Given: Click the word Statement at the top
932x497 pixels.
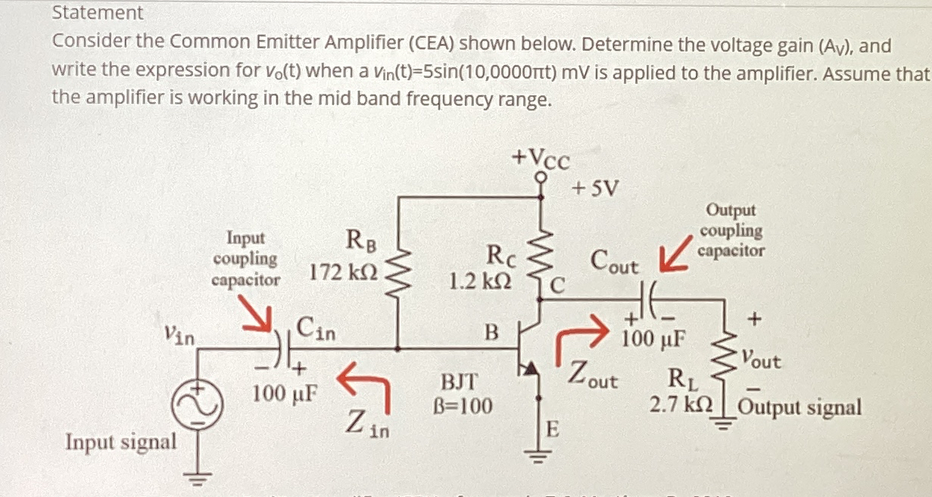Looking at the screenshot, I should (97, 13).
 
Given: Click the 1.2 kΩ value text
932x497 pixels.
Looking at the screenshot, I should (479, 281).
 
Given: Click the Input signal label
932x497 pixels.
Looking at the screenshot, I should (121, 441).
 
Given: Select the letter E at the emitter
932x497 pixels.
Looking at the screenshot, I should (553, 431).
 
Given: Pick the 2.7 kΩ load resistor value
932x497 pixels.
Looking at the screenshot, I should (681, 405).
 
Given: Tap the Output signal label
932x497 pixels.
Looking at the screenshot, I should (800, 408).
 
